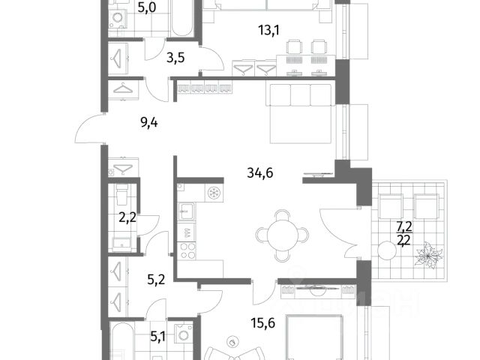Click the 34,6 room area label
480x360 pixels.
(x=260, y=173)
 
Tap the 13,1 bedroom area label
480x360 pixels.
(x=268, y=30)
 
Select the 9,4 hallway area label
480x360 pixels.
(x=149, y=123)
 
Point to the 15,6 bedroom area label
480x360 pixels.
(x=262, y=322)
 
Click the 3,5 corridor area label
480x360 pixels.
(x=175, y=57)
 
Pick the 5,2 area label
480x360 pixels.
(x=156, y=279)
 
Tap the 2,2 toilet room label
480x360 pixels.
(x=127, y=218)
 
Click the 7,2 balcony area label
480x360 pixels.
(x=404, y=226)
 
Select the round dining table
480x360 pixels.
(x=282, y=235)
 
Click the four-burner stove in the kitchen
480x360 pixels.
(x=187, y=250)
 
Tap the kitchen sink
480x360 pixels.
(x=185, y=211)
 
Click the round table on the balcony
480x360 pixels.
(x=387, y=250)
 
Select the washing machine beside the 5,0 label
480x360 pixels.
(x=118, y=18)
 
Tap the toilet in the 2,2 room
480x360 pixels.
(x=122, y=194)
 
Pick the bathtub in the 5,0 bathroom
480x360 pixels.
(x=182, y=18)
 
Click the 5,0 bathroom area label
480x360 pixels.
(x=147, y=7)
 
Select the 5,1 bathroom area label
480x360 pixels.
(x=158, y=337)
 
